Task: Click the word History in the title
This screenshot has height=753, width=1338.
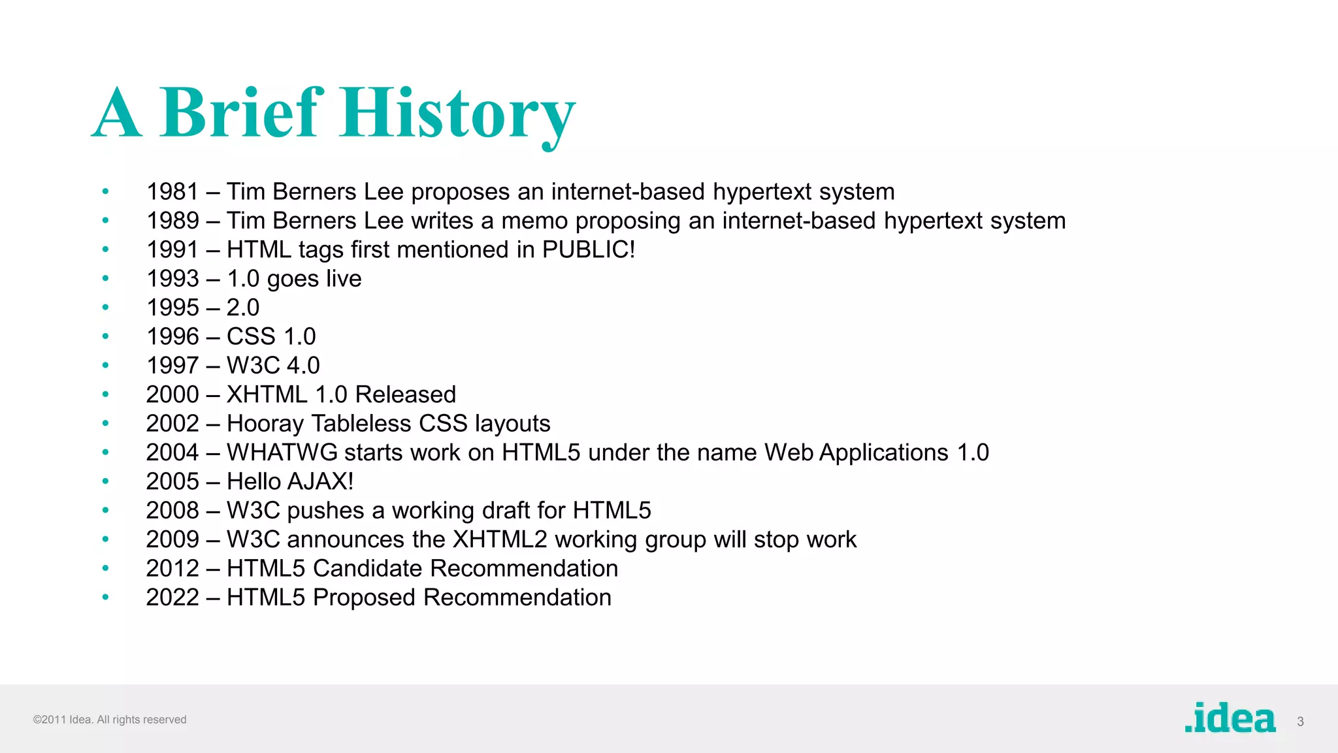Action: (457, 114)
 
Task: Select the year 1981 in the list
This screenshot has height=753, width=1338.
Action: (172, 192)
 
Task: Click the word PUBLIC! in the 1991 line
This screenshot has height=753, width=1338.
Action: (588, 249)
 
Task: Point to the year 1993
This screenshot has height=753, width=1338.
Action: (172, 279)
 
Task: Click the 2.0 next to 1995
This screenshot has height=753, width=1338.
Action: (242, 308)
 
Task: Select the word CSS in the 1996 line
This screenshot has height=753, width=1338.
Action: (251, 336)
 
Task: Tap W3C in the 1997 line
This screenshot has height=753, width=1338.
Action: (253, 366)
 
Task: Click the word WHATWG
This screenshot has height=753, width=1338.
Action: (282, 453)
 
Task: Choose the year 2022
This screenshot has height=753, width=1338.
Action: (172, 598)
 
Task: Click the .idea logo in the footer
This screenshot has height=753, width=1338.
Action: (1230, 718)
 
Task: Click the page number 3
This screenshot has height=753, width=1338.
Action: (1300, 722)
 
